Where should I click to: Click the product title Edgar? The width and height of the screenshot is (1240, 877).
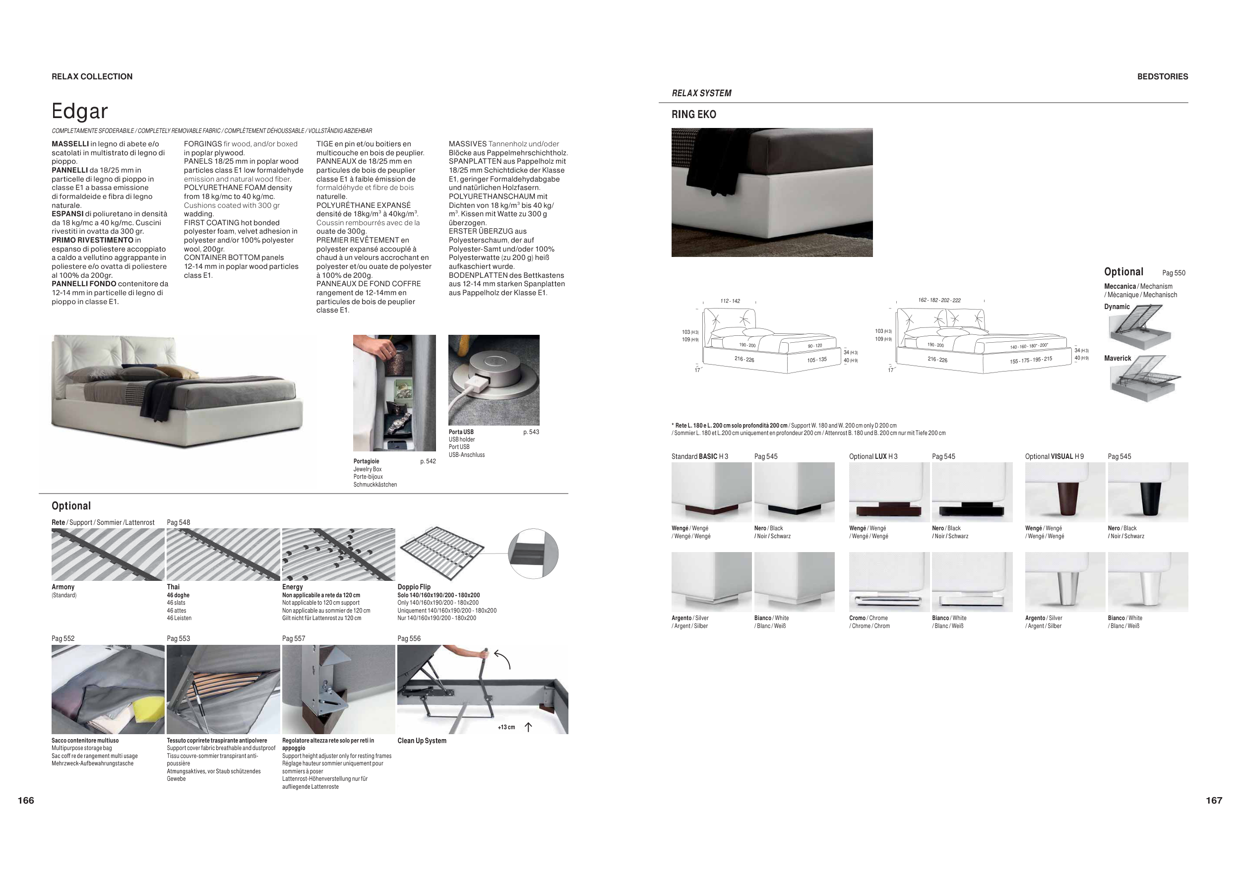(x=79, y=111)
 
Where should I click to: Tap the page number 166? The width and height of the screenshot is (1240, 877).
(x=26, y=800)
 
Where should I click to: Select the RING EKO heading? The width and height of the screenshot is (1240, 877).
(x=693, y=115)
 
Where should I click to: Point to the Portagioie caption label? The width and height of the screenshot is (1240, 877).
(x=366, y=461)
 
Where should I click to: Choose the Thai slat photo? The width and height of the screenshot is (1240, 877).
(x=223, y=555)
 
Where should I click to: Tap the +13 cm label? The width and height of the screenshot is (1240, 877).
(x=506, y=727)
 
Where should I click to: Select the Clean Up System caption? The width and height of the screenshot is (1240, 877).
(x=422, y=741)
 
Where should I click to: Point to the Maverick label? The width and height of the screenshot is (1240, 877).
(x=1117, y=359)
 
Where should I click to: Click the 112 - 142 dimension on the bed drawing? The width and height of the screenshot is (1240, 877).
(x=730, y=301)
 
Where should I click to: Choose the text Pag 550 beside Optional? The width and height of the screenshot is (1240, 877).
(x=1174, y=273)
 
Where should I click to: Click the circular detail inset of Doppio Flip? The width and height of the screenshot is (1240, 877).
(x=533, y=554)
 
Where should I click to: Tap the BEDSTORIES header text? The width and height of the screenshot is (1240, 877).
(x=1162, y=77)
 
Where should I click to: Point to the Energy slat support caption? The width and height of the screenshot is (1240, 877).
(x=292, y=587)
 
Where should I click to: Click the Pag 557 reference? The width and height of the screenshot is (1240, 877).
(x=293, y=639)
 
